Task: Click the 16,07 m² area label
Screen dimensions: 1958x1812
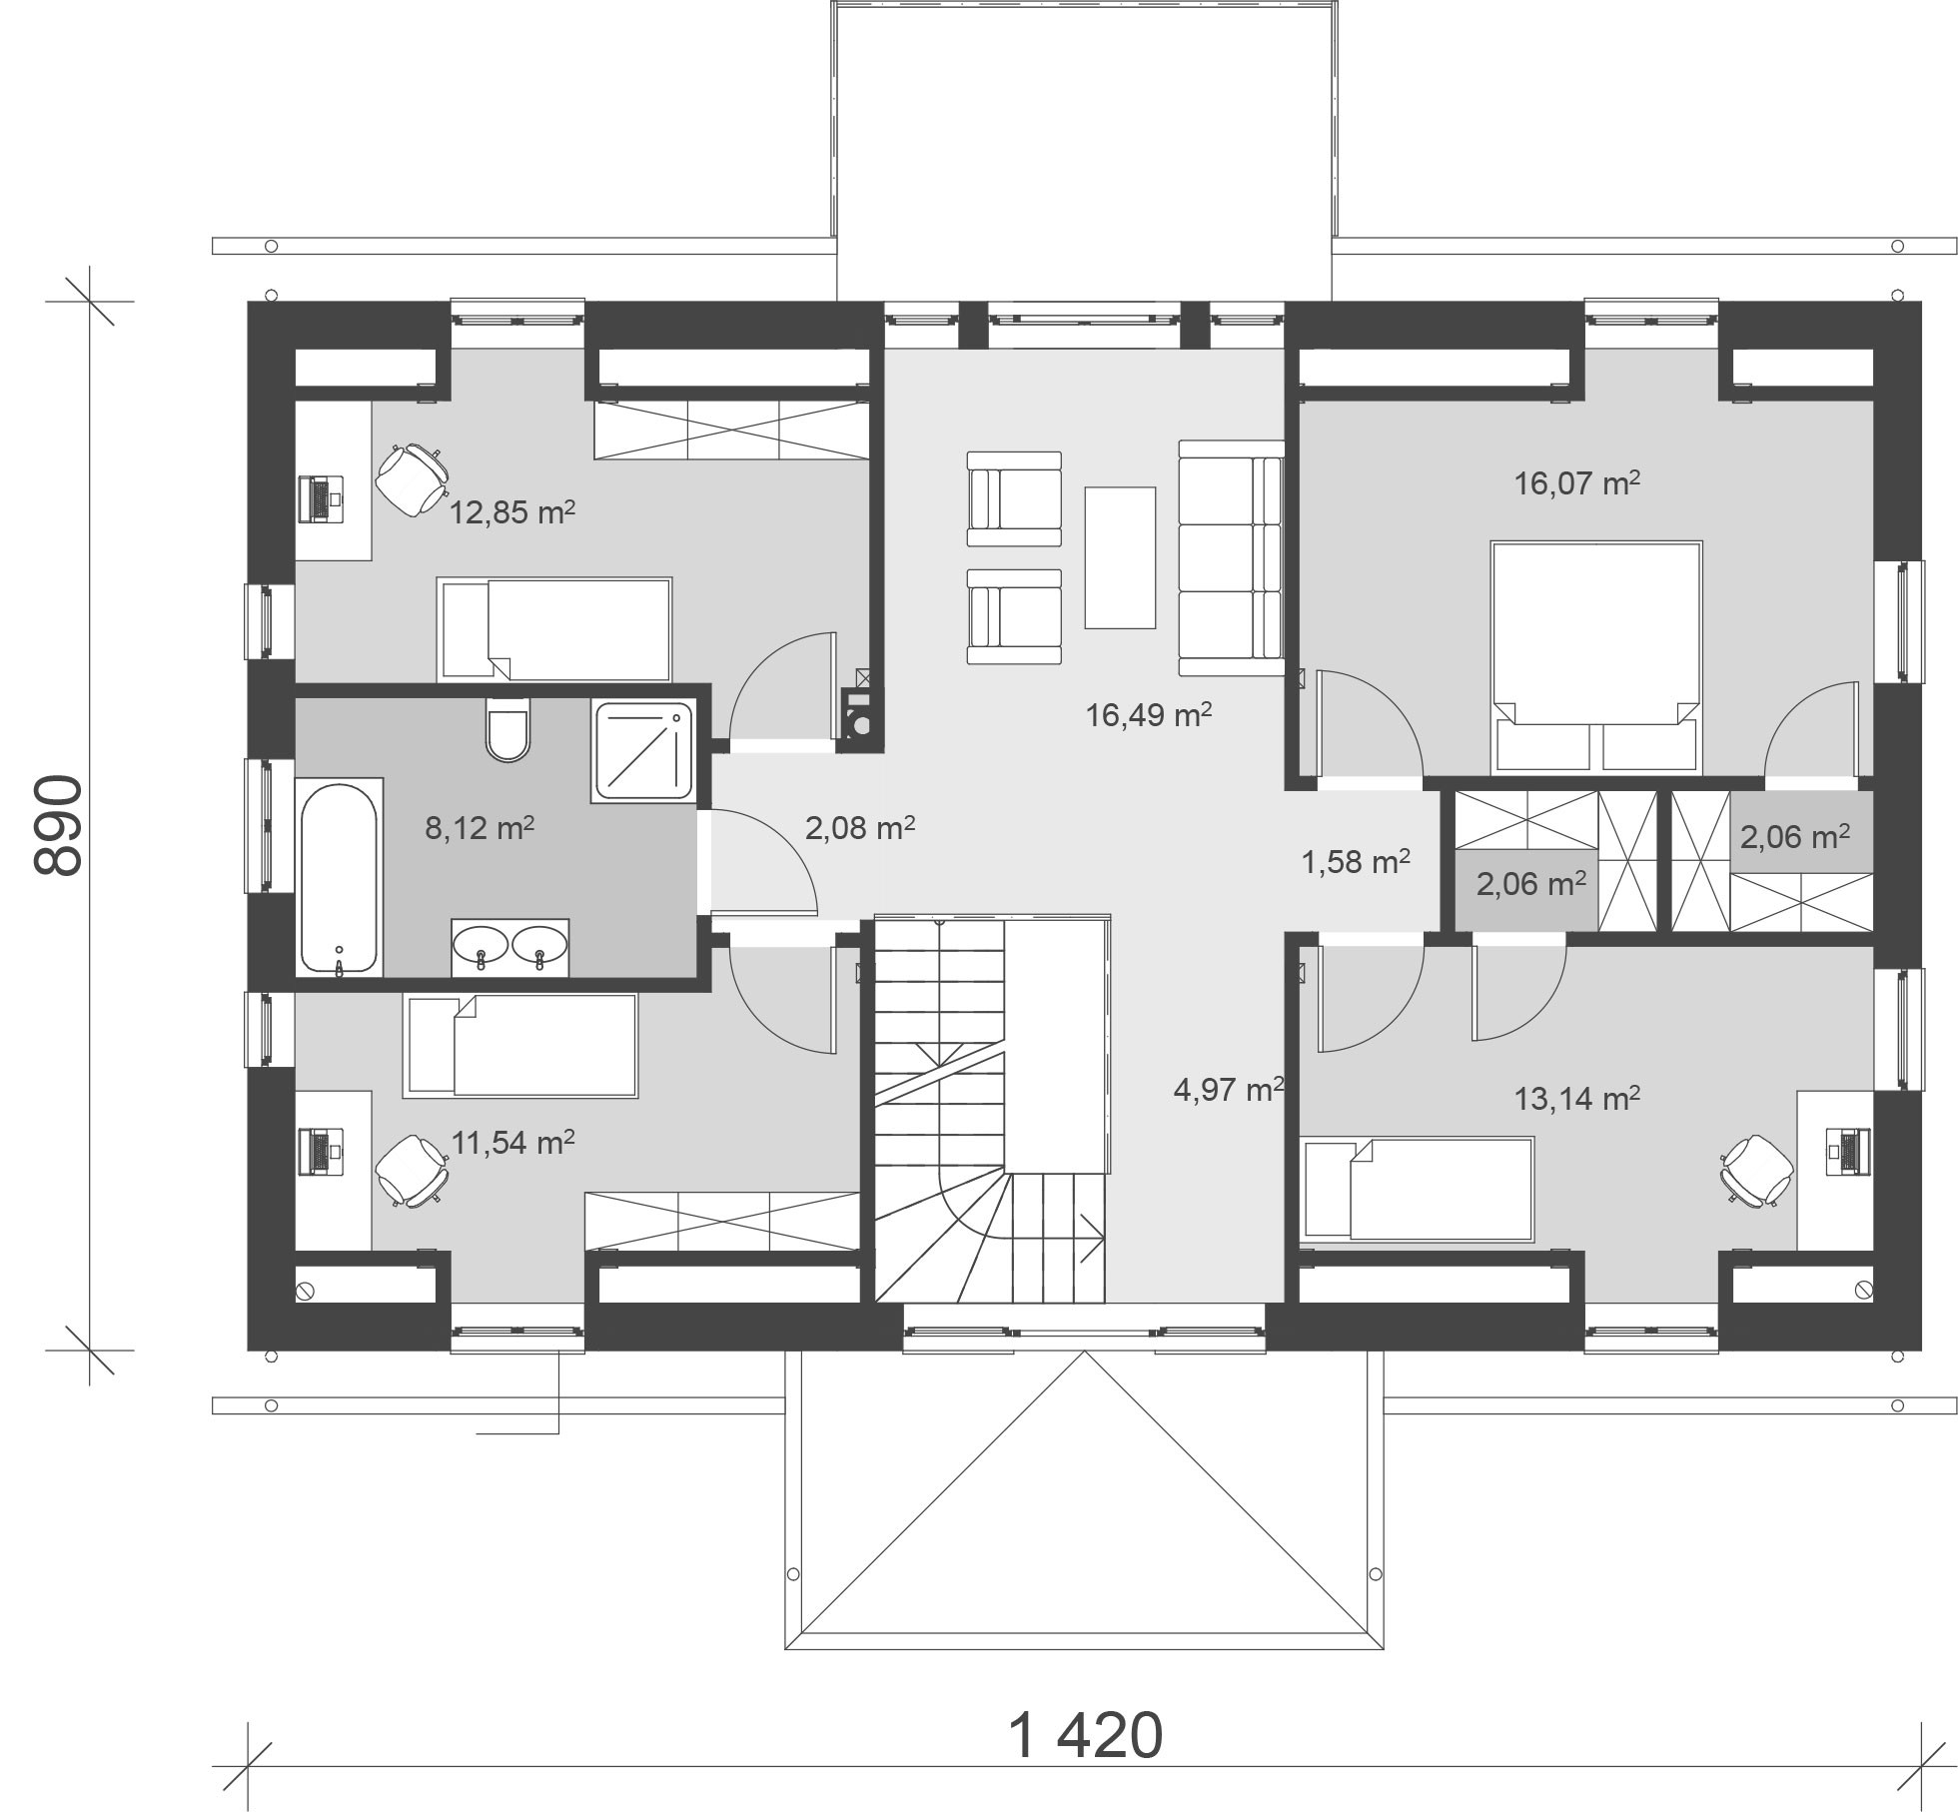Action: point(1577,484)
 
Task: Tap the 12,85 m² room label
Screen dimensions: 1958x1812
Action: point(512,513)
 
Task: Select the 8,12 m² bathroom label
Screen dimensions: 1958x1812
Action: point(481,828)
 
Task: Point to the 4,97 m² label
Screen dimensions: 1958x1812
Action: point(1229,1089)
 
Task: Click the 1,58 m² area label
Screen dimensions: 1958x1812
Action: point(1356,861)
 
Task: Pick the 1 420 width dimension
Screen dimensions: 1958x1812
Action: point(1086,1736)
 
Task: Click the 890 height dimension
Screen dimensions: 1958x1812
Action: point(57,825)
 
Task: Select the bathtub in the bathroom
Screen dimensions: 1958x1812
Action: point(340,876)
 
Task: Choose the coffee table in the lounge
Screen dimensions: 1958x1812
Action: point(1120,557)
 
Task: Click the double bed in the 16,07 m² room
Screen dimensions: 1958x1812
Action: point(1596,657)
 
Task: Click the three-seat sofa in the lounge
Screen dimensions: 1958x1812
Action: point(1231,557)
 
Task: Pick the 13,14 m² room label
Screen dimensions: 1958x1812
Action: point(1577,1100)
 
